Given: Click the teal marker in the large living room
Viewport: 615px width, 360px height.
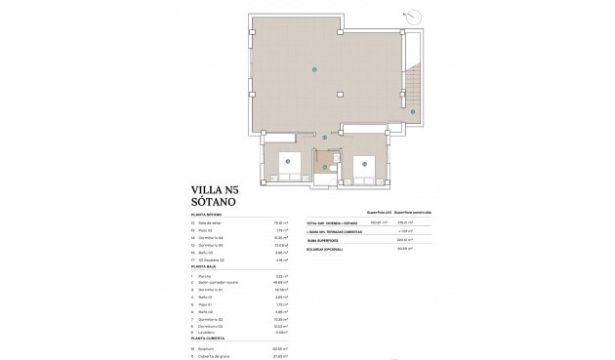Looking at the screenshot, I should click(x=313, y=68).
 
